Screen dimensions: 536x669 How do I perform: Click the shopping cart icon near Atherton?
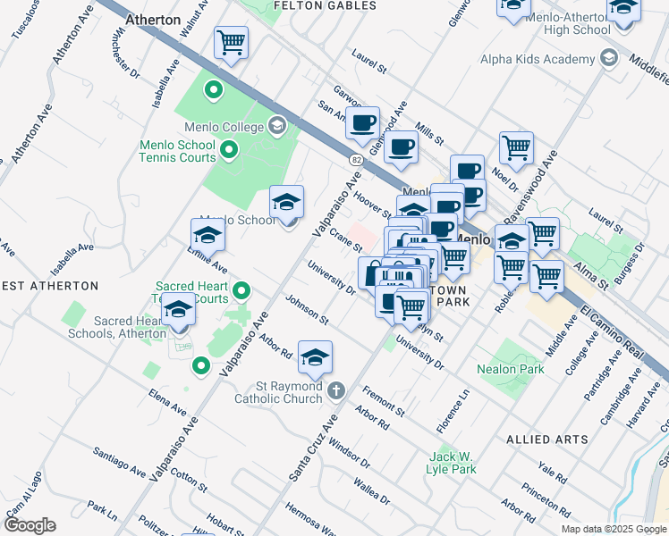pos(231,42)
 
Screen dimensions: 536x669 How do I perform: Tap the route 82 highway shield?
pos(355,158)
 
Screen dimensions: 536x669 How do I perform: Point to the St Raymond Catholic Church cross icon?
pos(336,390)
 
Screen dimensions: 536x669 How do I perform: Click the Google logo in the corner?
pos(30,525)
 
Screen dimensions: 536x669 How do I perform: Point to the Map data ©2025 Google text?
pos(614,529)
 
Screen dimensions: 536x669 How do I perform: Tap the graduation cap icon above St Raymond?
pos(315,357)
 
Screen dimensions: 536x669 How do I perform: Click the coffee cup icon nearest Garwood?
pos(362,123)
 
